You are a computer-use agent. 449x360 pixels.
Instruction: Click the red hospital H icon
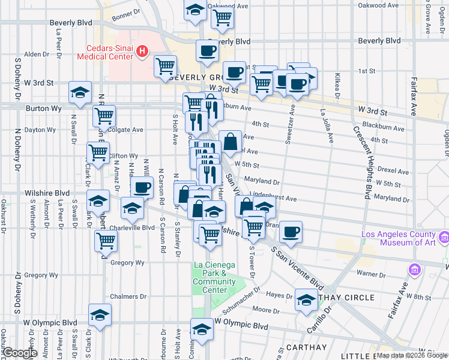[142, 52]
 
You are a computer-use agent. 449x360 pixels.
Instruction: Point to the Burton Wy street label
[40, 109]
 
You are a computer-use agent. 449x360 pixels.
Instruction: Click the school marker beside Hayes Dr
[306, 299]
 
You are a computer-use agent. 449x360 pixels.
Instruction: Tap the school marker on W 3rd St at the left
[80, 92]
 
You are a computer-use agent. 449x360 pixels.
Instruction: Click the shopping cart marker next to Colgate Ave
[104, 116]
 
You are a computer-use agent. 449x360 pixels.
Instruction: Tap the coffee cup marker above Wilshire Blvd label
[142, 188]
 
